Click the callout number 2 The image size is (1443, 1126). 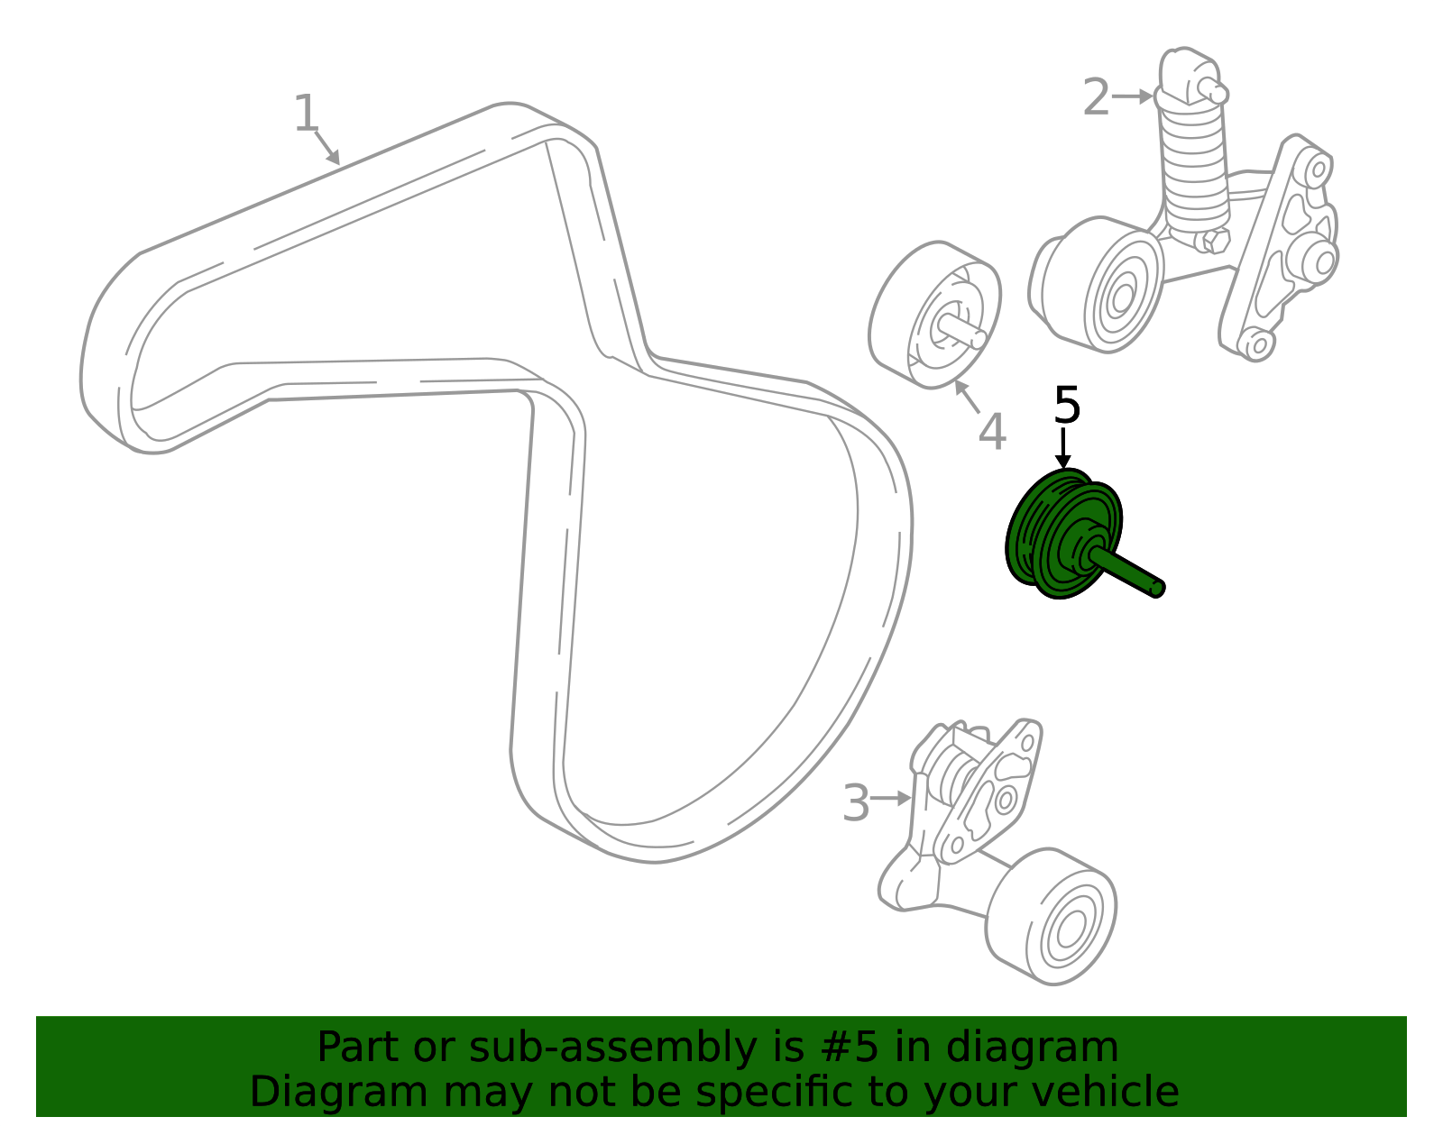1096,96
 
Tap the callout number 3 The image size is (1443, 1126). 855,803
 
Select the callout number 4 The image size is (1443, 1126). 992,432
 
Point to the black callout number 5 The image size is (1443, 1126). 1067,405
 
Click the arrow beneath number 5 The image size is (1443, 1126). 1063,449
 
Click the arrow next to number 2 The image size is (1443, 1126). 1132,96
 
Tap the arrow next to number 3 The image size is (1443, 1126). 890,798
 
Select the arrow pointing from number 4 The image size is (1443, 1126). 967,396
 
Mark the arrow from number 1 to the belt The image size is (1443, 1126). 327,148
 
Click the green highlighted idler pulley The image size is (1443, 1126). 1069,535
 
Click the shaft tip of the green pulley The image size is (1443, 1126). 1157,588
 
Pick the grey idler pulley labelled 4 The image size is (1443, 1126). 934,315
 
